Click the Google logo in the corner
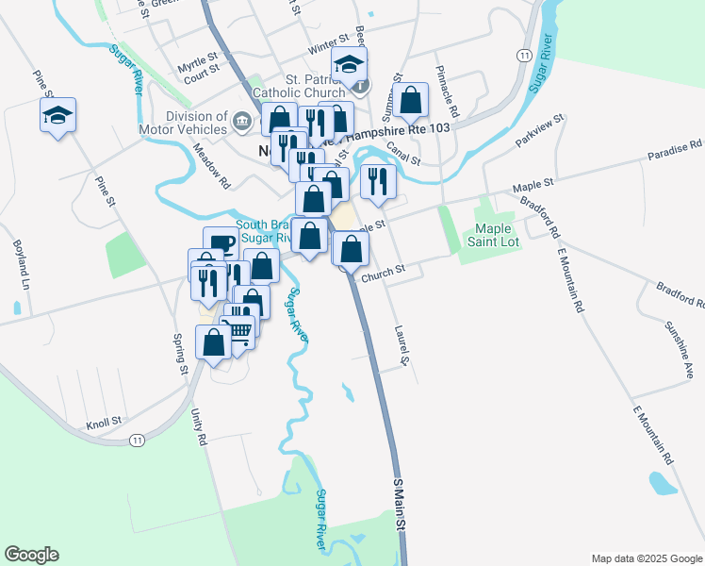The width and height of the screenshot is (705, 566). (x=31, y=555)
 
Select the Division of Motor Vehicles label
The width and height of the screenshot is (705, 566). (x=196, y=124)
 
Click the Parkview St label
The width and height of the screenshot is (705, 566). (x=539, y=131)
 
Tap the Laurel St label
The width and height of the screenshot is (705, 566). (x=402, y=346)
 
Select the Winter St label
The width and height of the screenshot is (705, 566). (x=328, y=47)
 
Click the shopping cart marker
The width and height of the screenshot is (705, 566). (x=239, y=329)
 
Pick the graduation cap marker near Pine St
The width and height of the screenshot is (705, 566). (x=58, y=116)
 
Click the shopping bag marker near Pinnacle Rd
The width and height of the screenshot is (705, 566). (x=411, y=99)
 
